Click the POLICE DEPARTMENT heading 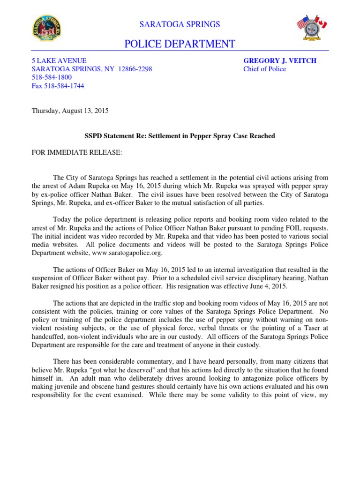coord(180,44)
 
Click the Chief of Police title coord(264,69)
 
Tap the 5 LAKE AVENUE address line coord(59,60)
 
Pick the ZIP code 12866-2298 coord(135,69)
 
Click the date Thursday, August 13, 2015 coord(70,111)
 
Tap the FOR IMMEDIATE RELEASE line coord(70,152)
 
